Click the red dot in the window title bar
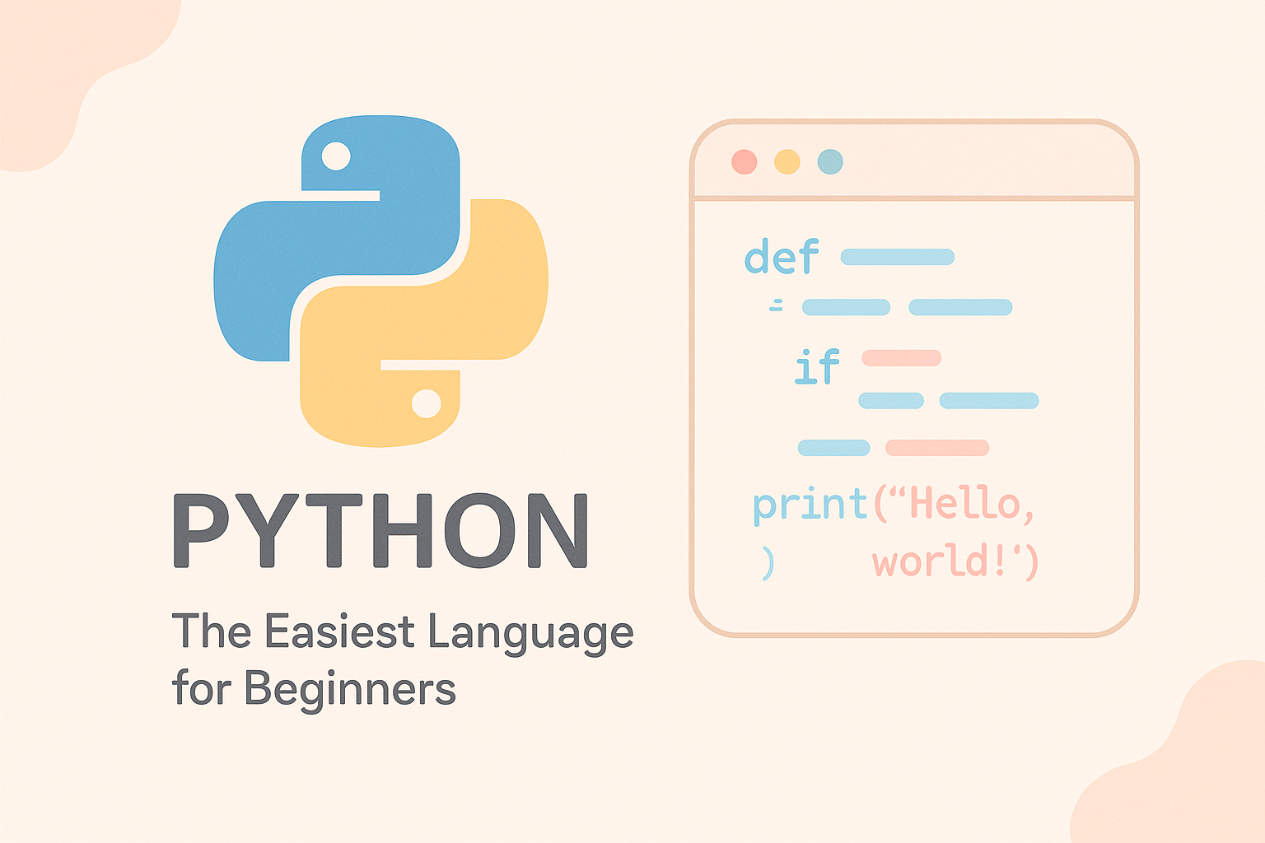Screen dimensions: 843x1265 (744, 161)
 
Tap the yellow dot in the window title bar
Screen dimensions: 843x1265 (787, 161)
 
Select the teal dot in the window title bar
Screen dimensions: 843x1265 (830, 161)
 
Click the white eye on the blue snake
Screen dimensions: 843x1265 (336, 156)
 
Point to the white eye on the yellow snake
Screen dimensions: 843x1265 (426, 403)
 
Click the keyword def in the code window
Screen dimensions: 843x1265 (782, 257)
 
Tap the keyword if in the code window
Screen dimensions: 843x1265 (817, 366)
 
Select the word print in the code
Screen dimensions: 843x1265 (810, 504)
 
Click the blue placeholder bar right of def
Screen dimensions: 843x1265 (897, 257)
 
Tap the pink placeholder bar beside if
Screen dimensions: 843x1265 (901, 358)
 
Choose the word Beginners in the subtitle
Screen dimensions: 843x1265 (350, 689)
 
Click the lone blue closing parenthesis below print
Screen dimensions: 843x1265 (768, 564)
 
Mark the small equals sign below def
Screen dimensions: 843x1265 (776, 306)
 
